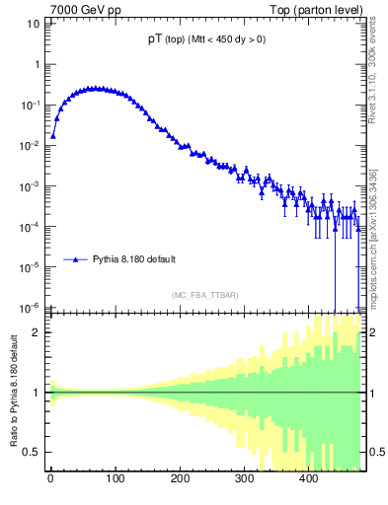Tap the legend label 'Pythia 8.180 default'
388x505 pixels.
(x=134, y=259)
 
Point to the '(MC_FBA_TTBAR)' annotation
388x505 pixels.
(x=204, y=295)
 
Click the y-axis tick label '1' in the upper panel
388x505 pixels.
(x=37, y=63)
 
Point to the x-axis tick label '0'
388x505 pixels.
(x=50, y=483)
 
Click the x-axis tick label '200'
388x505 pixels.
(x=180, y=483)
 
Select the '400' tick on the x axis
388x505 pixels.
(x=308, y=483)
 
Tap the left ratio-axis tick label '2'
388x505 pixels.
(x=37, y=332)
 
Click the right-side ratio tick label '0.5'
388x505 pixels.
(x=376, y=453)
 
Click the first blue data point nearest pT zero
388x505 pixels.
(x=53, y=136)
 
